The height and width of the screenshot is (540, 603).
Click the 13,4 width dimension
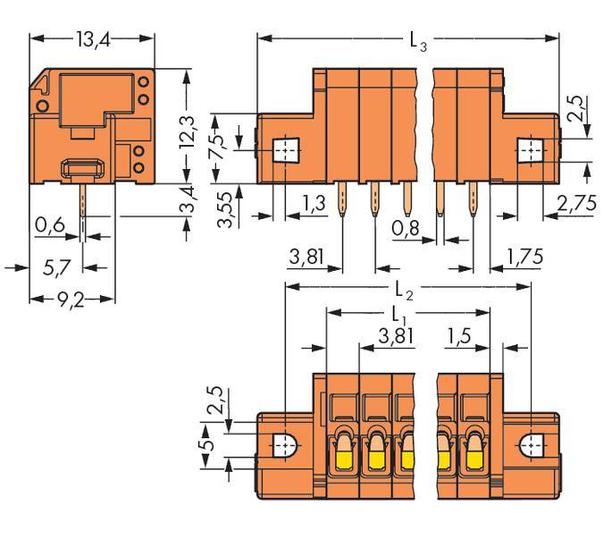pyautogui.click(x=92, y=39)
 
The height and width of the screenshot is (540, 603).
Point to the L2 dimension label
pyautogui.click(x=406, y=290)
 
